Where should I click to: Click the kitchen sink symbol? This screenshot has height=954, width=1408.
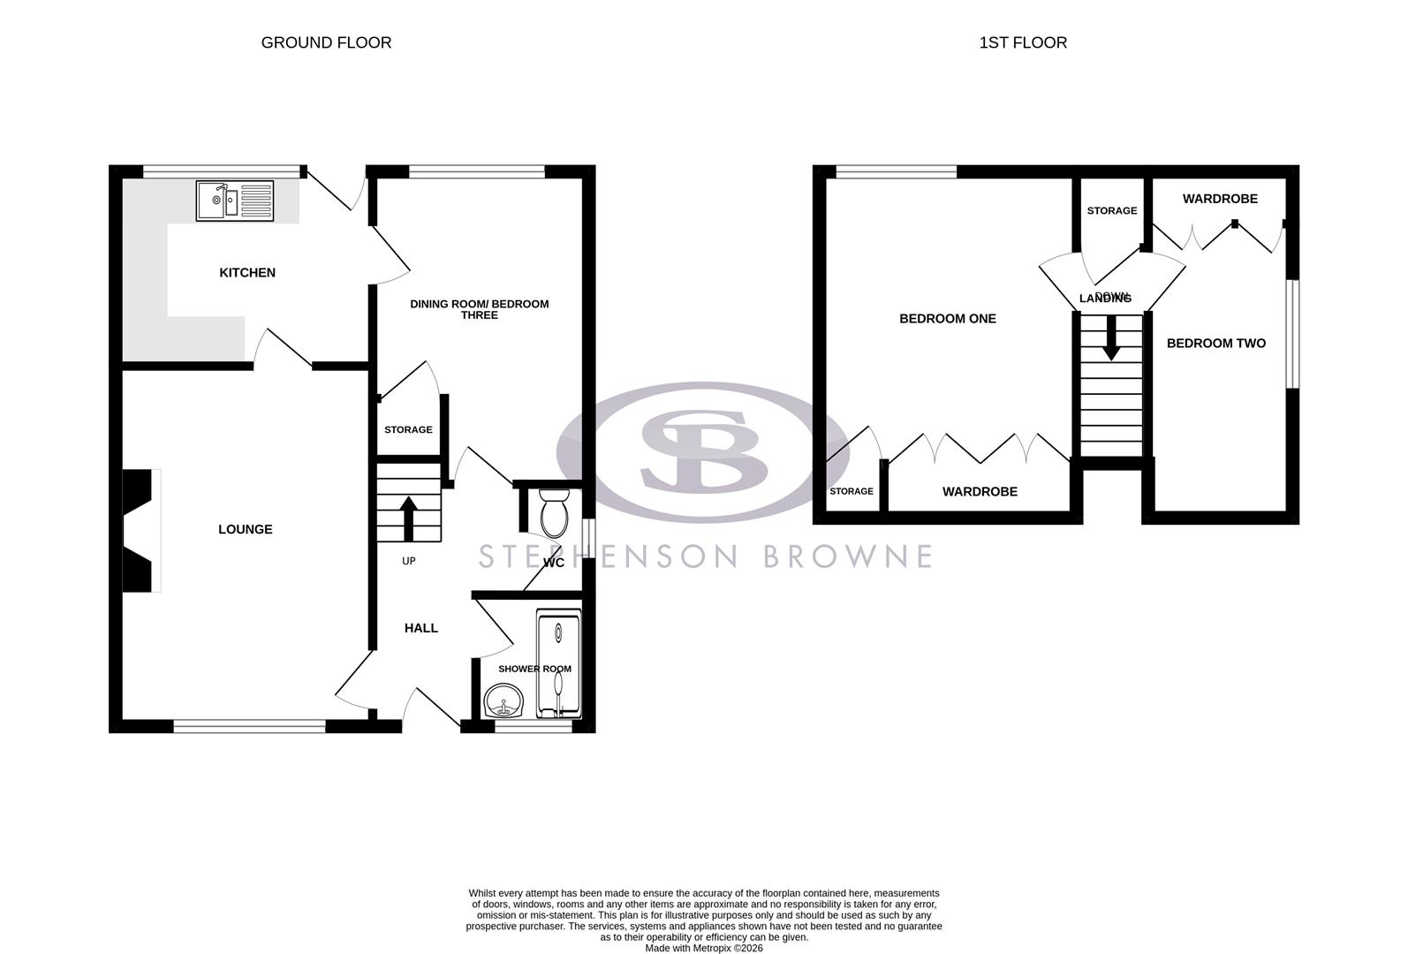click(x=235, y=201)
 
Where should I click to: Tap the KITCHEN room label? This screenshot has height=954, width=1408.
click(x=247, y=273)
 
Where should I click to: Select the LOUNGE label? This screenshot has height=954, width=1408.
click(x=246, y=529)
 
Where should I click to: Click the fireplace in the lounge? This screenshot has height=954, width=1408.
click(x=139, y=530)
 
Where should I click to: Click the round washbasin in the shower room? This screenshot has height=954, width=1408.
click(x=504, y=702)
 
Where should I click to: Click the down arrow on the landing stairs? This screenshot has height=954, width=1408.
click(x=1110, y=338)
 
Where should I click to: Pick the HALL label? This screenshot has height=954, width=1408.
click(x=421, y=628)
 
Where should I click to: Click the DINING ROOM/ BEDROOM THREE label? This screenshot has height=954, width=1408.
click(x=480, y=309)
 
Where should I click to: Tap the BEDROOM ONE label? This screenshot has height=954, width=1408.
click(x=948, y=319)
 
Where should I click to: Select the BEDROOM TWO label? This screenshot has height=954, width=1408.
click(x=1216, y=344)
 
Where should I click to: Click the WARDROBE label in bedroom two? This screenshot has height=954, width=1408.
click(x=1220, y=199)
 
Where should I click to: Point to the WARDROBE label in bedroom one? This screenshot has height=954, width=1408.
click(x=980, y=492)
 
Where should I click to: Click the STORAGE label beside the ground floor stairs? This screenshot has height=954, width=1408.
click(x=408, y=430)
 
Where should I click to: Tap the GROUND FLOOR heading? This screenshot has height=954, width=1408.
click(x=326, y=42)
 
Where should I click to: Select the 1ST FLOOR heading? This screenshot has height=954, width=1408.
click(x=1023, y=42)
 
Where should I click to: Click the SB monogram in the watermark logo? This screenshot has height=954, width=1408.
click(x=704, y=451)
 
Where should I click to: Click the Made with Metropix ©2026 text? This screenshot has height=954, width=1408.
click(x=704, y=948)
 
